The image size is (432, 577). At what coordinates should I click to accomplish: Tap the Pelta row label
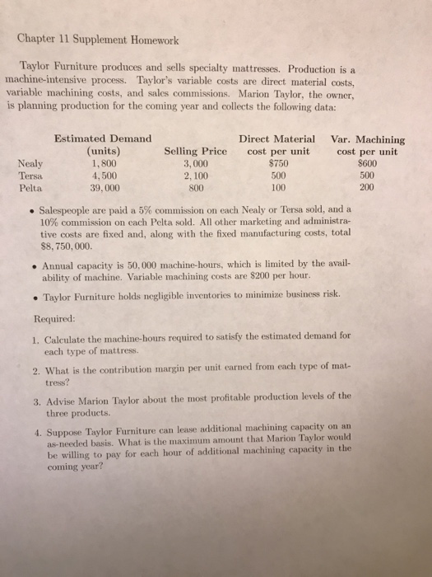[x=30, y=187]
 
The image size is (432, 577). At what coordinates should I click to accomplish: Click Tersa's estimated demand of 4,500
[x=105, y=176]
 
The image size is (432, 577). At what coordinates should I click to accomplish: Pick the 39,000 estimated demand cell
[x=105, y=187]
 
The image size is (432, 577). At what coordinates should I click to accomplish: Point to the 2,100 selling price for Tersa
[x=196, y=176]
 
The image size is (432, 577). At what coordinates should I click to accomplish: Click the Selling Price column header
[x=196, y=152]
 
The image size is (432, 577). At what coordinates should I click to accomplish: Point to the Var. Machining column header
[x=366, y=139]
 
